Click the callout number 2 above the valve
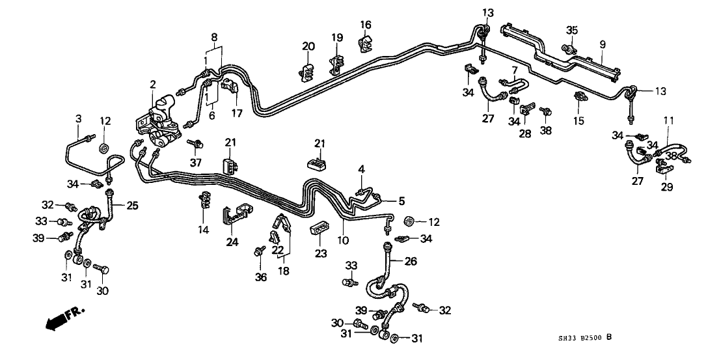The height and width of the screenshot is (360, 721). coord(153,84)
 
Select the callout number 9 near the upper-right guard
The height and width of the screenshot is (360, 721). coord(603,44)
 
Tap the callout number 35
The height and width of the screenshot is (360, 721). coord(572,29)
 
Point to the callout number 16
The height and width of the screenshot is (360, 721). coord(366,25)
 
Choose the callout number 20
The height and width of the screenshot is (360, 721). coord(308,46)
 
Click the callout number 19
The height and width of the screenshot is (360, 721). coord(337,38)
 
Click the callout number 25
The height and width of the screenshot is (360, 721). coord(133,206)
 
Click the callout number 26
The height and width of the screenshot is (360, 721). coord(411,262)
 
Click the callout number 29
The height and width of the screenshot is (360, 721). coord(665,187)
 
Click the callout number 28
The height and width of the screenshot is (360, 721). coord(525,133)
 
